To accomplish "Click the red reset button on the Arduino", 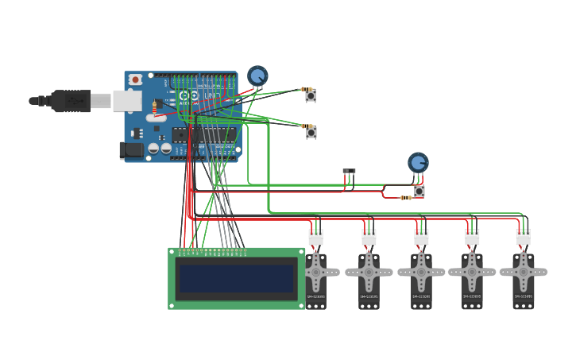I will coord(136,79).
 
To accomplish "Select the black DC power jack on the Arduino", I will coord(129,150).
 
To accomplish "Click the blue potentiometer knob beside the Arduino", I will coord(257,75).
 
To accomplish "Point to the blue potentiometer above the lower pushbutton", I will coord(418,162).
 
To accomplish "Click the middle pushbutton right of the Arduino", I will coord(311,133).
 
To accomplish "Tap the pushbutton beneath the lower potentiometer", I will coord(419,192).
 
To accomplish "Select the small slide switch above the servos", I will coord(349,171).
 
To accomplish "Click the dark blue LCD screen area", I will coord(236,278).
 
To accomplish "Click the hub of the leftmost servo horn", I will coord(315,272).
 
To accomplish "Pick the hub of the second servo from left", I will coord(369,272).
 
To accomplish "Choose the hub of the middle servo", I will coord(421,272).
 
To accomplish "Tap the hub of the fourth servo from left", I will coord(472,272).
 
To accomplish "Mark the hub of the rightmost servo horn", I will coord(523,272).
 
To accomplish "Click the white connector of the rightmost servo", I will coord(523,237).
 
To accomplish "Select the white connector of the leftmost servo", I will coord(315,237).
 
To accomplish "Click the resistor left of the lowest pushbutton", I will coord(405,197).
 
